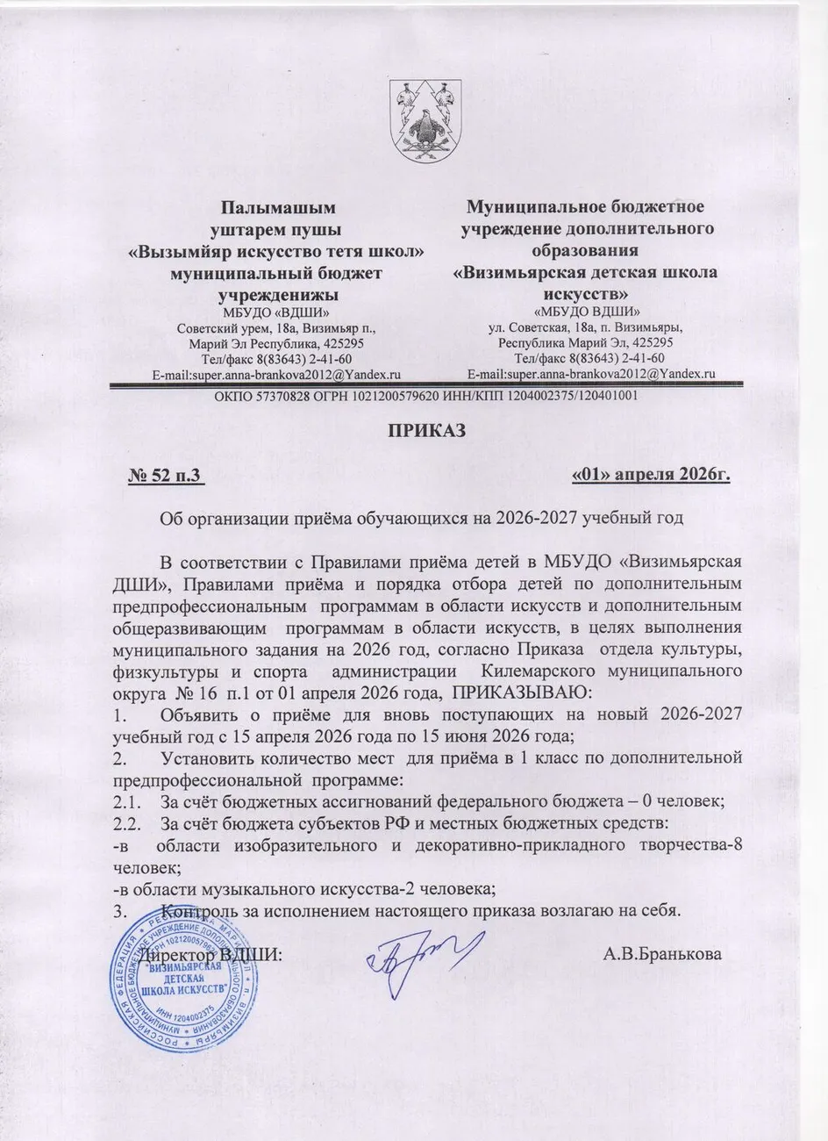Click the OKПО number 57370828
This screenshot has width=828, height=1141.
click(268, 395)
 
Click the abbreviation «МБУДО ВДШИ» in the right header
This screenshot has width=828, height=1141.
click(586, 312)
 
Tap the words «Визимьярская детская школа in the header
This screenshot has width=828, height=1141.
click(585, 272)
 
